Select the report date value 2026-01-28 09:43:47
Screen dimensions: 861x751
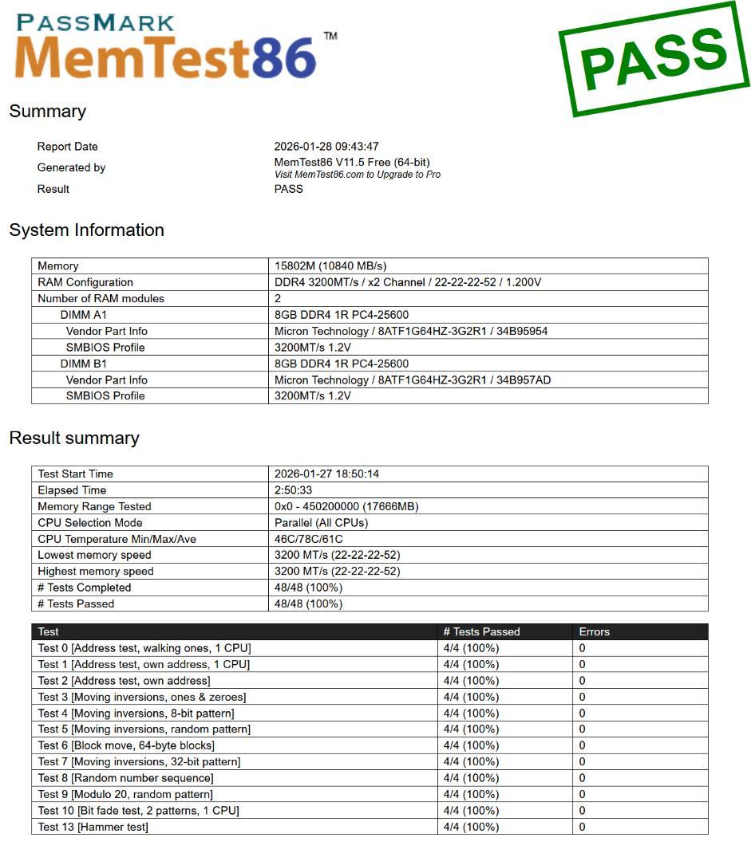pyautogui.click(x=326, y=147)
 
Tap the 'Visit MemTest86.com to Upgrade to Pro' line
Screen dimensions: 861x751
pyautogui.click(x=357, y=175)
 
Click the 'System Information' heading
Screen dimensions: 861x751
pyautogui.click(x=86, y=230)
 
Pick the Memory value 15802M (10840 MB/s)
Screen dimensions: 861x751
pyautogui.click(x=330, y=266)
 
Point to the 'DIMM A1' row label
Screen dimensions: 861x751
pyautogui.click(x=83, y=315)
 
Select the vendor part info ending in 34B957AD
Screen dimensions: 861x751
pyautogui.click(x=412, y=380)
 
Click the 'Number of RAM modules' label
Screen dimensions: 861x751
pyautogui.click(x=101, y=299)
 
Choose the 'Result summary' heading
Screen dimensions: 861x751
pyautogui.click(x=73, y=438)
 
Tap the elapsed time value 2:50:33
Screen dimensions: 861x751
pyautogui.click(x=294, y=490)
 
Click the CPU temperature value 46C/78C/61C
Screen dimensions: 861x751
pyautogui.click(x=309, y=539)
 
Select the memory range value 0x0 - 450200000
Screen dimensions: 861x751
pyautogui.click(x=346, y=507)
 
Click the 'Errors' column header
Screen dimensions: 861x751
pyautogui.click(x=594, y=632)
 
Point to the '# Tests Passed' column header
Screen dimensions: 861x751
pyautogui.click(x=481, y=632)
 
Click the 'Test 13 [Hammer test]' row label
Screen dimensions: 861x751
pyautogui.click(x=93, y=828)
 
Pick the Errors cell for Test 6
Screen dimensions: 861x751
pyautogui.click(x=582, y=746)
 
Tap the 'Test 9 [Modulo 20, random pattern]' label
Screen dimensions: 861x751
pyautogui.click(x=125, y=795)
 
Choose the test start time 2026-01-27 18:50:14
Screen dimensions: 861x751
pyautogui.click(x=326, y=474)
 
